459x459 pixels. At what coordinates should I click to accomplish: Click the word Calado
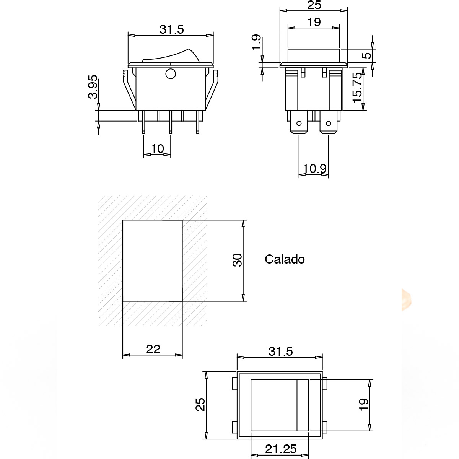[285, 259]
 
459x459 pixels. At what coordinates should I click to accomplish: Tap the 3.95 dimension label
[93, 87]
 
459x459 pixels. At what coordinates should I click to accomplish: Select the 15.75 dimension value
[357, 88]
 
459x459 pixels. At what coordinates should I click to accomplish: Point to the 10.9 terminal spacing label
[314, 169]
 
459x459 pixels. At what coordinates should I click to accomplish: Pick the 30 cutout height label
[237, 260]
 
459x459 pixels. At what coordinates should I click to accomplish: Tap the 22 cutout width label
[153, 350]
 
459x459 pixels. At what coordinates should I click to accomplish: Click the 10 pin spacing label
[158, 149]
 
